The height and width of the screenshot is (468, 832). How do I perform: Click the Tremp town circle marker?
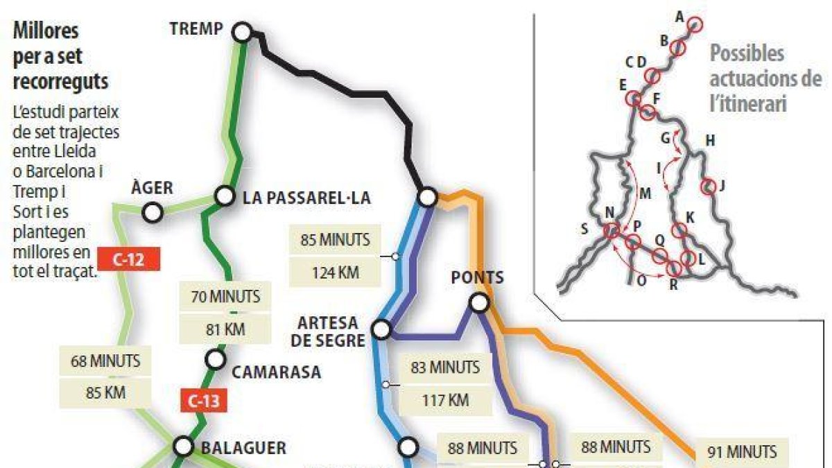242,32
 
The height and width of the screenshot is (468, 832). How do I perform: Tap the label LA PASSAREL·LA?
307,198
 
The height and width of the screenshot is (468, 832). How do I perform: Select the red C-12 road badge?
129,259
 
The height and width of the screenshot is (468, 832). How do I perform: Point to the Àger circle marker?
153,213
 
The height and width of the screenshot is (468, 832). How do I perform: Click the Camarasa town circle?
216,359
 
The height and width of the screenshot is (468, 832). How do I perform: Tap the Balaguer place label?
243,448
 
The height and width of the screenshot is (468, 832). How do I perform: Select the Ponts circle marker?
478,302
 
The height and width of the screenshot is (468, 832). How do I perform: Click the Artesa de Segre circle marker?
382,329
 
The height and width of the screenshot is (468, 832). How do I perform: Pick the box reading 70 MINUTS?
225,297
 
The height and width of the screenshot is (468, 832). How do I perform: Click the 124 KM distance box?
336,272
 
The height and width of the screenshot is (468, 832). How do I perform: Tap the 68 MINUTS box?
106,361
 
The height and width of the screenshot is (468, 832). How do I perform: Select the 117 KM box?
444,400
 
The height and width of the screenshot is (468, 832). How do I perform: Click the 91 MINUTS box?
742,452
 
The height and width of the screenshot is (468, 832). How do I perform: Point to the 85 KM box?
106,392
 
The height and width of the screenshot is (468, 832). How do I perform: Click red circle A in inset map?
695,25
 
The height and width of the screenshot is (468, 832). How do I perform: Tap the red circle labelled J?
708,186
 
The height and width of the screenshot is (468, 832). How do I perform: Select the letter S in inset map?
584,228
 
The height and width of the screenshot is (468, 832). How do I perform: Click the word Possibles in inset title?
747,53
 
